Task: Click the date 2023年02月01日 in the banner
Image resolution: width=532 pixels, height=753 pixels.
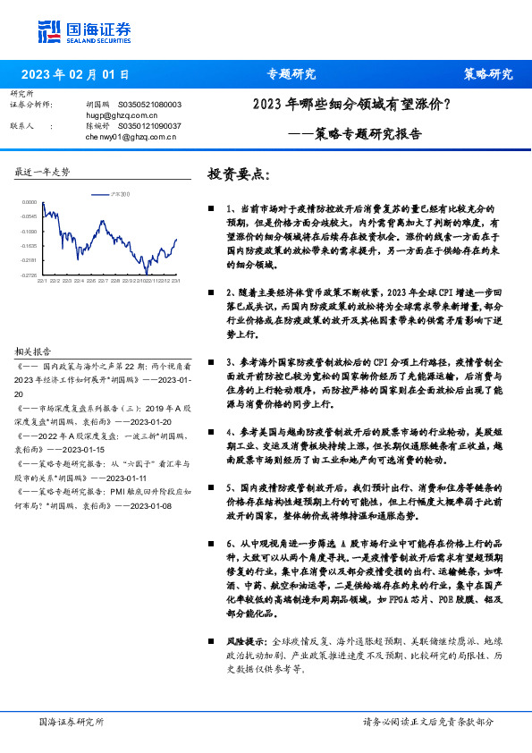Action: [74, 74]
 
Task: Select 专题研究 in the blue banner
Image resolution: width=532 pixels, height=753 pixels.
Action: [291, 74]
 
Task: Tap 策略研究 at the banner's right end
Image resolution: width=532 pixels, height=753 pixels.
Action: [488, 74]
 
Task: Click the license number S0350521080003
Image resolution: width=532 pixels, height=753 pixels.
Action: [149, 105]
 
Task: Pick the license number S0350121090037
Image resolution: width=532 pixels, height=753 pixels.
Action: [149, 127]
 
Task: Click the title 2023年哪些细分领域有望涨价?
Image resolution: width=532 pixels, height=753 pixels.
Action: [352, 105]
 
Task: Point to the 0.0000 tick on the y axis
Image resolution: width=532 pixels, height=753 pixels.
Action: [30, 202]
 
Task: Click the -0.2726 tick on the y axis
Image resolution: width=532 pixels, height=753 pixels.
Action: [30, 275]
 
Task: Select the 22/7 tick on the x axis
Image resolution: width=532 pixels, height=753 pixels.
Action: [104, 281]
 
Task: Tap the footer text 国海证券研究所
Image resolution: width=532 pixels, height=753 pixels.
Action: [72, 721]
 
